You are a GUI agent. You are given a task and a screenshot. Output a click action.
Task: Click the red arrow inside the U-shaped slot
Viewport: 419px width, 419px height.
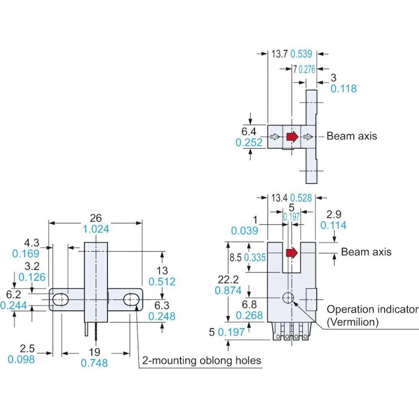click(292, 252)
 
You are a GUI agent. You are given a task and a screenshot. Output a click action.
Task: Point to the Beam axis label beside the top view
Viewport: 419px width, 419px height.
click(352, 136)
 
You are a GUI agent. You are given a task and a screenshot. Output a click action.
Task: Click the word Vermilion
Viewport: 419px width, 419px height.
click(353, 322)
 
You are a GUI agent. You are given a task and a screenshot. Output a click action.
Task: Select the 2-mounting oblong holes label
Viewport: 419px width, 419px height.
click(202, 360)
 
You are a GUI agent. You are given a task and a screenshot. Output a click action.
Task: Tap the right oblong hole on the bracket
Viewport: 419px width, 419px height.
click(132, 299)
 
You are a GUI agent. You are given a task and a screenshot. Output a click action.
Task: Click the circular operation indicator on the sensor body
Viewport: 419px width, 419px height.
click(288, 297)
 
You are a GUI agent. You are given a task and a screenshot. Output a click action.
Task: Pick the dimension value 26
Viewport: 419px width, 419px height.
click(96, 218)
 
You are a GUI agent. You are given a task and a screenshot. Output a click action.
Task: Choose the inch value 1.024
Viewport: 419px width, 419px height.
click(96, 229)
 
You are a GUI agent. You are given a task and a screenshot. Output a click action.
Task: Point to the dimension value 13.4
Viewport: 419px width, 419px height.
click(279, 198)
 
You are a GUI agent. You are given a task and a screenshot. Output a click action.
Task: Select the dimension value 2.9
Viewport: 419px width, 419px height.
click(334, 214)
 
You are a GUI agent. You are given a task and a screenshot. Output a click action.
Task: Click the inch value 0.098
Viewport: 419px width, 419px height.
click(21, 359)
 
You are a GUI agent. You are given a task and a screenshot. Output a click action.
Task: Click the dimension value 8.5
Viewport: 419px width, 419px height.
click(236, 257)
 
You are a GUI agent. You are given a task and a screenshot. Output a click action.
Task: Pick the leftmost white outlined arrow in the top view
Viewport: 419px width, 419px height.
click(275, 137)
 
